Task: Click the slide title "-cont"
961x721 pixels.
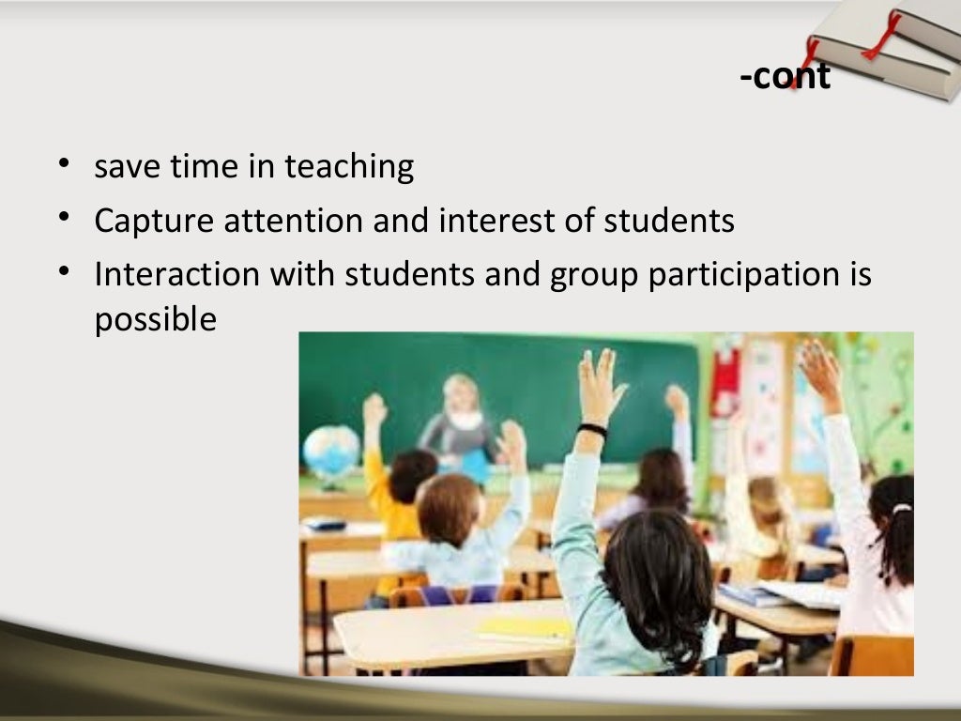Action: click(785, 76)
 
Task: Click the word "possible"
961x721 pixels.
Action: click(155, 320)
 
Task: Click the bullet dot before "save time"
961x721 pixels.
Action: click(63, 166)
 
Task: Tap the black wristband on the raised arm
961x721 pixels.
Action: click(592, 430)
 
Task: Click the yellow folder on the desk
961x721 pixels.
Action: click(525, 626)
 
